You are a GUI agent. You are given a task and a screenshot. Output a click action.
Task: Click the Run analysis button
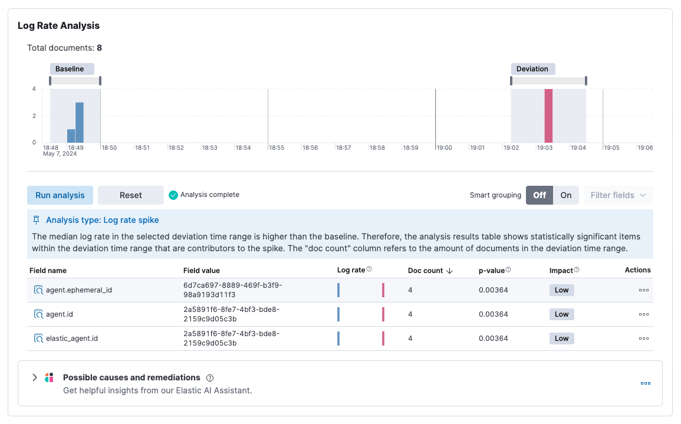(60, 195)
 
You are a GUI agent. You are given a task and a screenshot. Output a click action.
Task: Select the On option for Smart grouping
(566, 195)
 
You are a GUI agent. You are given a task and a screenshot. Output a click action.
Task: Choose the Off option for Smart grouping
(539, 195)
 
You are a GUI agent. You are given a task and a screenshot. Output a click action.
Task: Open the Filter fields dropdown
(618, 195)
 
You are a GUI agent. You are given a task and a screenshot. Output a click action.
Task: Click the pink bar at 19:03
(548, 116)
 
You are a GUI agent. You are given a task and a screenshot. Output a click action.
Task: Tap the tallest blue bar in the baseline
(80, 122)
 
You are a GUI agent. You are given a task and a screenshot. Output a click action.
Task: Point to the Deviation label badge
(532, 69)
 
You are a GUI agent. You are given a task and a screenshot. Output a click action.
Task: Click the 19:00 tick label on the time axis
(444, 148)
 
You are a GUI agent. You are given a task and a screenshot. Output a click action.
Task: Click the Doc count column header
(425, 271)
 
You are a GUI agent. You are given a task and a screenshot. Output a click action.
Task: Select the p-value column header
(492, 271)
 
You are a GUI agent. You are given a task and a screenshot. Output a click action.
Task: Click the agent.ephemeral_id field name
(78, 290)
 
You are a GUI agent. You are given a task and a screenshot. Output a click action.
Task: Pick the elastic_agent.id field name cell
(72, 338)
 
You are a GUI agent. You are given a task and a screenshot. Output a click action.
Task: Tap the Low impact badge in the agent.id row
(561, 314)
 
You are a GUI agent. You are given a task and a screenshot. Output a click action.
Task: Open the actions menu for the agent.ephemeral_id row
(643, 290)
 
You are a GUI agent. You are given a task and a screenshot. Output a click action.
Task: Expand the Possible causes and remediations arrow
(34, 377)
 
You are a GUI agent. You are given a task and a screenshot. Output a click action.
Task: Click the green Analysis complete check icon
(173, 195)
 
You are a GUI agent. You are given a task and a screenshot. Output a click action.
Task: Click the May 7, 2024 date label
(60, 154)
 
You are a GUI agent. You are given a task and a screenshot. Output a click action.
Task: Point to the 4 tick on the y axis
(34, 89)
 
